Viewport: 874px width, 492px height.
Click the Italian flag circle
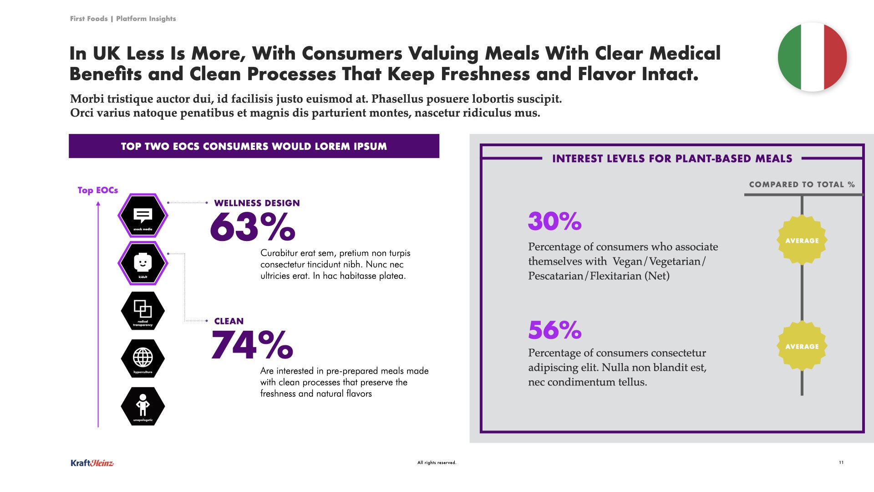(x=812, y=57)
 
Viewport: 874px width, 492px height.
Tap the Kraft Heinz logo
(x=92, y=463)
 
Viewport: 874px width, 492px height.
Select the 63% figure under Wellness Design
(x=253, y=226)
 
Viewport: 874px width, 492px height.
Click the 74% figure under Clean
(x=252, y=345)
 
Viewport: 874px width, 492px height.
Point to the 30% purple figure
(x=554, y=221)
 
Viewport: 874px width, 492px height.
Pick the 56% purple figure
(x=554, y=330)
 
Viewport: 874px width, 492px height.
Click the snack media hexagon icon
(x=143, y=215)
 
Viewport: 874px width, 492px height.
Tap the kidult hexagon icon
(x=143, y=263)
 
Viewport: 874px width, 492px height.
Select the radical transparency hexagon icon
(x=143, y=311)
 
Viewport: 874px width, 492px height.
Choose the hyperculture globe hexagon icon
(x=143, y=359)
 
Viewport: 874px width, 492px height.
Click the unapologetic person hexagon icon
(x=143, y=406)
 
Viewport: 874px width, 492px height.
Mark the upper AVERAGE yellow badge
(x=802, y=240)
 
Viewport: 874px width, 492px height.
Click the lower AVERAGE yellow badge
(x=802, y=346)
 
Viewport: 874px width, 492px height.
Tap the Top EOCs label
(x=97, y=190)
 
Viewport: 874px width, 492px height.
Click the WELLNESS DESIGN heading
(x=257, y=203)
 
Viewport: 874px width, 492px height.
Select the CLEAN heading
(x=229, y=321)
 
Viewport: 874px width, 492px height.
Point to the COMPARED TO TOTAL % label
(x=802, y=184)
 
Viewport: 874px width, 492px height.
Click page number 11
(x=841, y=462)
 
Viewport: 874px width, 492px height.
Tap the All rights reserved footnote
(x=437, y=462)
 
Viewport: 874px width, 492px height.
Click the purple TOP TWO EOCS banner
(x=254, y=146)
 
